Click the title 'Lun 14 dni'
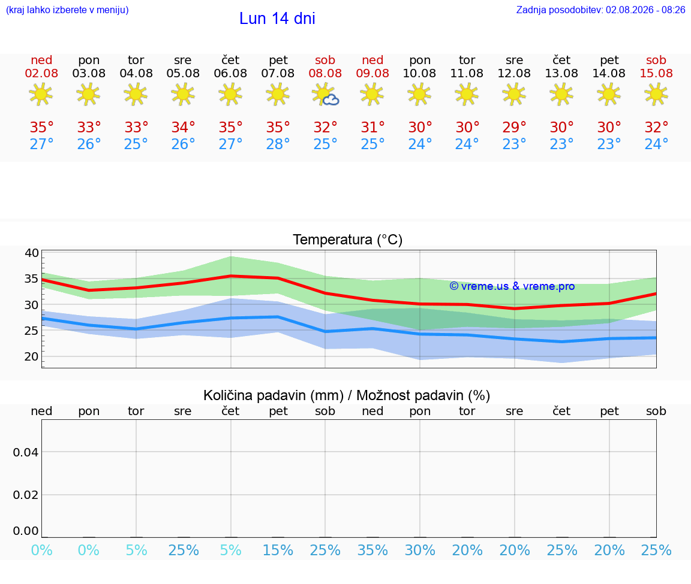(x=277, y=19)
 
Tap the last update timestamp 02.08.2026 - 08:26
(x=645, y=10)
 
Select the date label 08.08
(x=325, y=74)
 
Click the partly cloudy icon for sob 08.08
(x=325, y=94)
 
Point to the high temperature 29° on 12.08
(x=514, y=128)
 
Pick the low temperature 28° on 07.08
(x=278, y=144)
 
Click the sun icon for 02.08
(x=41, y=94)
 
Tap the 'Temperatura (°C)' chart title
(x=348, y=240)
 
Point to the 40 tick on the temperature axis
(x=32, y=253)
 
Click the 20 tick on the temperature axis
(x=32, y=357)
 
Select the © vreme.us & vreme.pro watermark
(x=512, y=286)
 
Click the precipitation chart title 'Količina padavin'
(x=274, y=395)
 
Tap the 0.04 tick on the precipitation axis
(x=26, y=452)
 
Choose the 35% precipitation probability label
(x=372, y=550)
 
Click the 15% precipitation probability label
(x=278, y=550)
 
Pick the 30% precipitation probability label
(x=420, y=550)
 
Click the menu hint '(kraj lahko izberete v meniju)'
(x=67, y=10)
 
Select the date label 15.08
(x=656, y=74)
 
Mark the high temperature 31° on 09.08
(x=373, y=128)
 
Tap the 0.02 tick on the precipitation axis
(x=26, y=495)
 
